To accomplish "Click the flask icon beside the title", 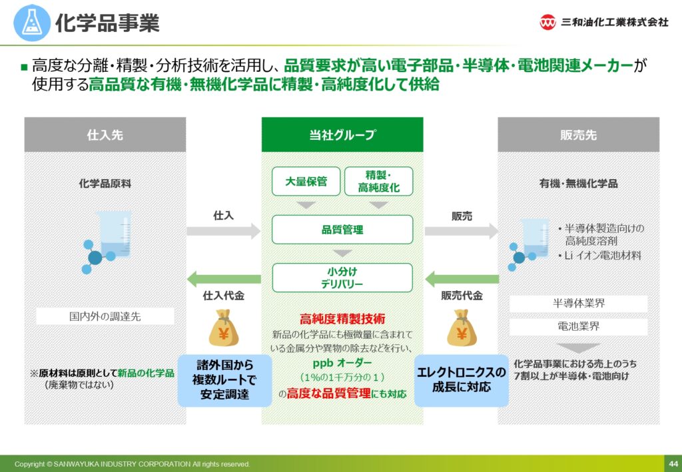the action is pyautogui.click(x=32, y=22).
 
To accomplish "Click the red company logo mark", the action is pyautogui.click(x=547, y=22).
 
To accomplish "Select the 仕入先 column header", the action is pyautogui.click(x=105, y=134).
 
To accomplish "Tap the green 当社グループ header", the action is pyautogui.click(x=342, y=134).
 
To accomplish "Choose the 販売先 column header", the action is pyautogui.click(x=579, y=134).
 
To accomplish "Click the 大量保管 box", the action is pyautogui.click(x=306, y=181).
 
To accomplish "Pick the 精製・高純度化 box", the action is pyautogui.click(x=378, y=181).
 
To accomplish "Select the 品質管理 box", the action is pyautogui.click(x=342, y=230).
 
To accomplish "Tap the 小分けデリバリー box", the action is pyautogui.click(x=342, y=278).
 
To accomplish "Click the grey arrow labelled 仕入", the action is pyautogui.click(x=224, y=231).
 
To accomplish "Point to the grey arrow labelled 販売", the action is pyautogui.click(x=462, y=231).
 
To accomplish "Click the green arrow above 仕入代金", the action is pyautogui.click(x=224, y=279).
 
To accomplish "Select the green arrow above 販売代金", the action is pyautogui.click(x=462, y=279).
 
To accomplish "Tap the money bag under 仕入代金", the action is pyautogui.click(x=224, y=328).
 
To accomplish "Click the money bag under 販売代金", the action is pyautogui.click(x=462, y=328).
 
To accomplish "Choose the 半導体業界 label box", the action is pyautogui.click(x=579, y=304).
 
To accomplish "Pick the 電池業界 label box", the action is pyautogui.click(x=579, y=327).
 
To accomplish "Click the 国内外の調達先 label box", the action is pyautogui.click(x=105, y=316).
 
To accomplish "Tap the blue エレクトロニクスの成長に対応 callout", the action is pyautogui.click(x=462, y=380).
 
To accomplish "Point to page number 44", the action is pyautogui.click(x=673, y=464).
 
